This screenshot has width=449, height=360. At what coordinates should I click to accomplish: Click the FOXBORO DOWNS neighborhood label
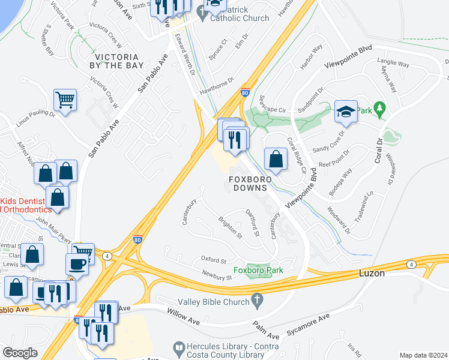250,184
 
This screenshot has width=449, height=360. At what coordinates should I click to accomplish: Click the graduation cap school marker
346,111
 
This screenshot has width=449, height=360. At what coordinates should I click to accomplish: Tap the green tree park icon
379,109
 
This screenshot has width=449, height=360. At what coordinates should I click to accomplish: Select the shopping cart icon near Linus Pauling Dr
65,99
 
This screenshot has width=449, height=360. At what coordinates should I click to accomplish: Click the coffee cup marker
77,264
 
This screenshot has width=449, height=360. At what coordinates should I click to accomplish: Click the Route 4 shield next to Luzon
411,264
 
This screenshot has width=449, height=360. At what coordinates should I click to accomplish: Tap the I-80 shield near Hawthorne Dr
245,93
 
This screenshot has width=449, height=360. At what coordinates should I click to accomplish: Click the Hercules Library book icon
178,347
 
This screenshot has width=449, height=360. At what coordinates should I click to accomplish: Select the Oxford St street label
214,260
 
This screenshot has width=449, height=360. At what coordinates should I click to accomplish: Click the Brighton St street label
229,227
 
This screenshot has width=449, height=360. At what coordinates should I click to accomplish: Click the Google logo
20,353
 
